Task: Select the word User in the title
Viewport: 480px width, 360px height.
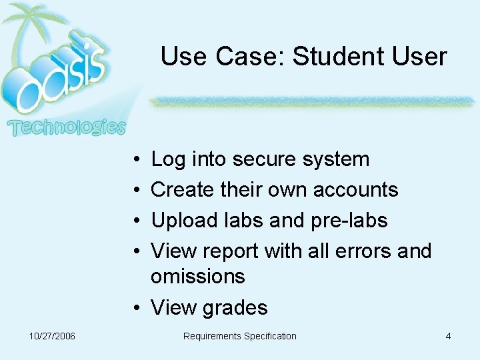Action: click(419, 57)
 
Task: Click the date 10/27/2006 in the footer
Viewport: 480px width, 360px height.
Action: click(53, 336)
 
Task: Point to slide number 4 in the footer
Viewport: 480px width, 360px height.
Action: click(448, 336)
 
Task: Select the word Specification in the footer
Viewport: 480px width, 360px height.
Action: click(270, 336)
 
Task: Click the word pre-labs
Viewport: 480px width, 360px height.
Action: click(349, 221)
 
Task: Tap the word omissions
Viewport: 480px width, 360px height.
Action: click(198, 276)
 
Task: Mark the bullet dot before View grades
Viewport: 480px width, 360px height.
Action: click(136, 307)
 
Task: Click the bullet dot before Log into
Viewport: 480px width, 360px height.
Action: click(136, 159)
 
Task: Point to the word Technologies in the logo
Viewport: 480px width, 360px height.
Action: click(66, 127)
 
